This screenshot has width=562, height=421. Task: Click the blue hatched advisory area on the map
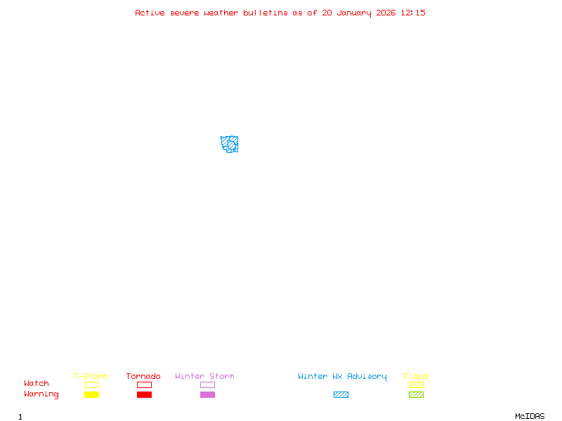click(x=230, y=145)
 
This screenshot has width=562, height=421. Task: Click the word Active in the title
click(x=150, y=13)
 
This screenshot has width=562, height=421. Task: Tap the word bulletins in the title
click(x=266, y=13)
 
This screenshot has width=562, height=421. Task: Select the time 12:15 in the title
click(x=413, y=13)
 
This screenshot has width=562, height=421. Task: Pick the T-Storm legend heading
click(x=91, y=377)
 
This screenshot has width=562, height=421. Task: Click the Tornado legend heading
click(x=143, y=377)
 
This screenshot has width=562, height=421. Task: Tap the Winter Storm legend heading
click(x=204, y=377)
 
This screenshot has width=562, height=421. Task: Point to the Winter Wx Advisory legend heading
click(x=342, y=377)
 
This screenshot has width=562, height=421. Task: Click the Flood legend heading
click(x=416, y=377)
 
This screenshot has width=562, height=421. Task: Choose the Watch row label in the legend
click(x=37, y=384)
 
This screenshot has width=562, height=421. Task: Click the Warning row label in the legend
click(x=41, y=394)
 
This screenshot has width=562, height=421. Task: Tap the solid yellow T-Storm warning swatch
click(x=91, y=395)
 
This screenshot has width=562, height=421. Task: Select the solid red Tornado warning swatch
click(x=144, y=395)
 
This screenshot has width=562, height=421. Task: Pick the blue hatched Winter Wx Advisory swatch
click(x=341, y=395)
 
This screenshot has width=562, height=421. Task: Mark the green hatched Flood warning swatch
click(x=416, y=395)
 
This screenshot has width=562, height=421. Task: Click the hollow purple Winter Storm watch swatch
click(x=207, y=385)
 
